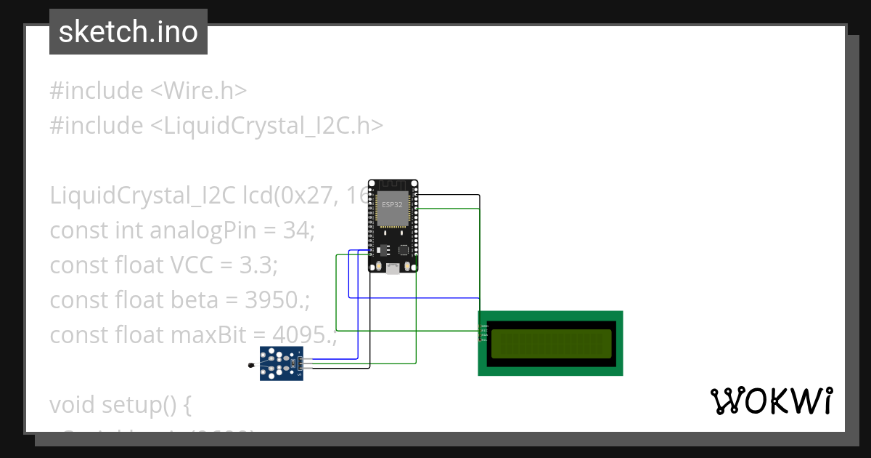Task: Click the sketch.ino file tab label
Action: [x=128, y=32]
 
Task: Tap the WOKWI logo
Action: [x=771, y=401]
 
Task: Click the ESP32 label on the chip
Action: [x=393, y=205]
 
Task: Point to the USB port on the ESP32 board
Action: [x=393, y=268]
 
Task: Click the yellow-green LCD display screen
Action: [x=551, y=344]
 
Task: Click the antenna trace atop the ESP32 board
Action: [x=393, y=185]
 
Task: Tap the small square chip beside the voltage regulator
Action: [x=403, y=249]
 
